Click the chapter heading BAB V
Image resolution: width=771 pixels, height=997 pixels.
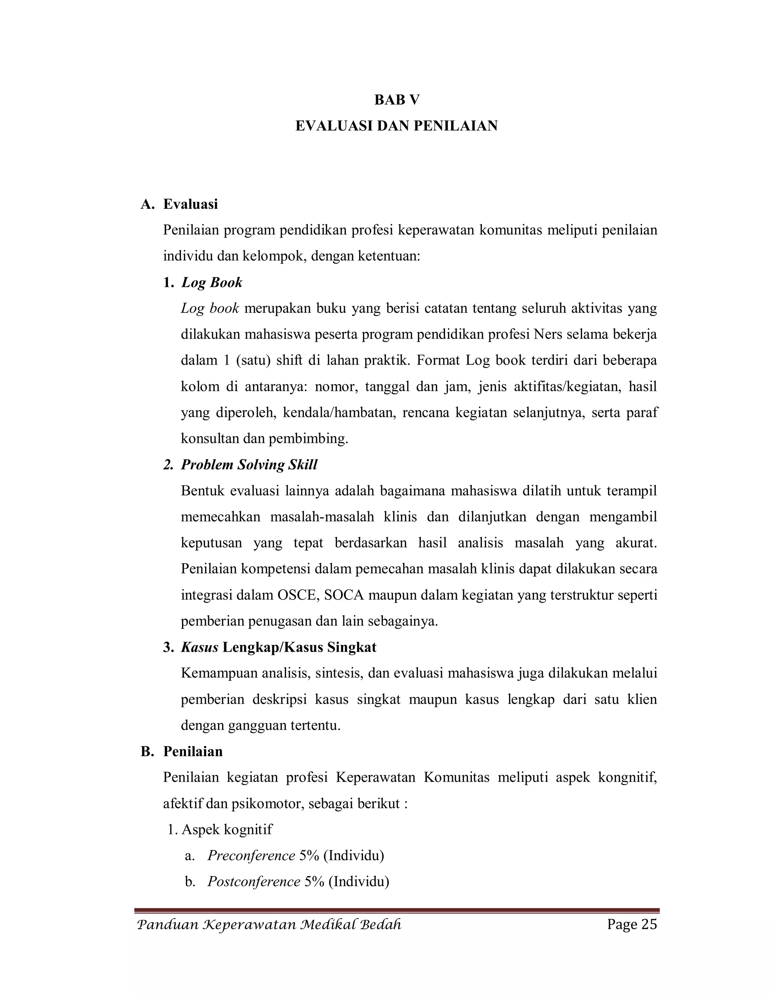(396, 100)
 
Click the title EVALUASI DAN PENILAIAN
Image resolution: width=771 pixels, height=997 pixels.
(396, 126)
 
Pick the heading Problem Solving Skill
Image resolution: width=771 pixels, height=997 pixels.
(249, 465)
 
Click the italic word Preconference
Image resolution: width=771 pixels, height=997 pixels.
(251, 856)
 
